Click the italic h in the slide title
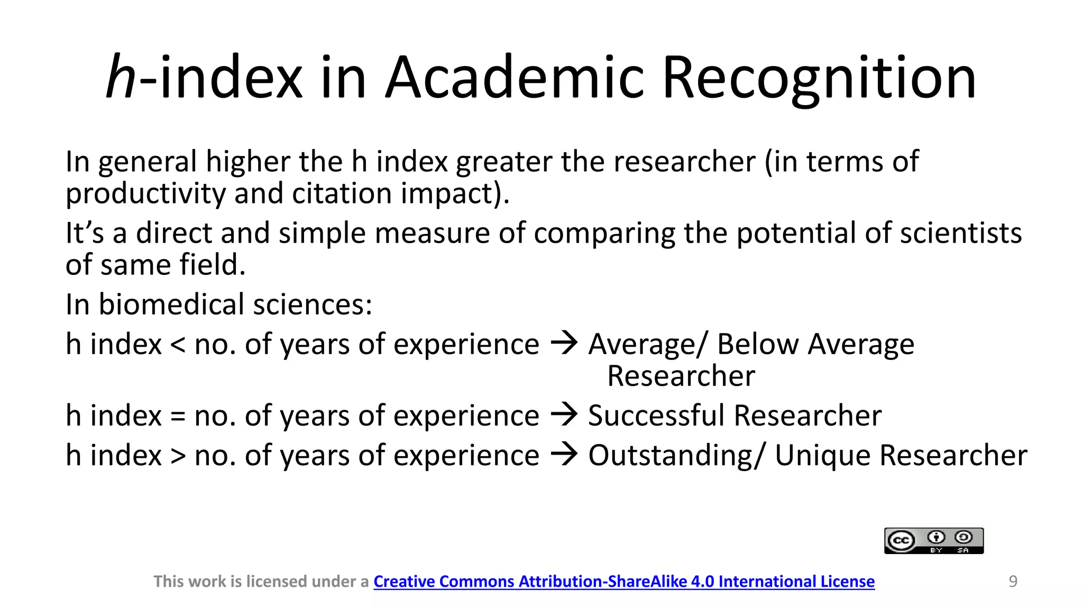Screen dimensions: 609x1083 [122, 77]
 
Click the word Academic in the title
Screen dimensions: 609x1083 [514, 77]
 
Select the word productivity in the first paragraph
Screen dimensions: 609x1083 [145, 193]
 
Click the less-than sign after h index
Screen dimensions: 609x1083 [178, 345]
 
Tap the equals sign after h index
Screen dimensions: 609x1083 [178, 417]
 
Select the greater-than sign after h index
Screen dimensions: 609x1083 [178, 456]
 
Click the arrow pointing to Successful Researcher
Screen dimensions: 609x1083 [564, 414]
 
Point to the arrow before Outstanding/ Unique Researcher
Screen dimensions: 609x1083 [564, 454]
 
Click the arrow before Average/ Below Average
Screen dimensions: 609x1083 [564, 343]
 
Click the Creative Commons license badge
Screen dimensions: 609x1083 [934, 541]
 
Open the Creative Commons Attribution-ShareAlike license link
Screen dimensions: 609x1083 [624, 582]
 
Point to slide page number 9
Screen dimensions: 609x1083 [1013, 582]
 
